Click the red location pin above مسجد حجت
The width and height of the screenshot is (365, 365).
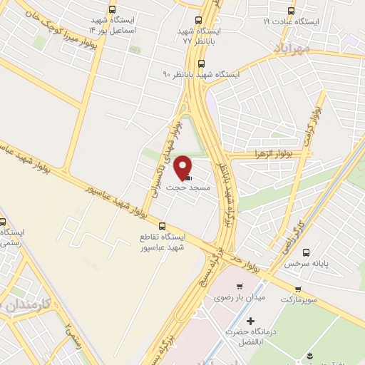tap(183, 166)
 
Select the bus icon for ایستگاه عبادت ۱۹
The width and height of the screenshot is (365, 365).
tap(290, 10)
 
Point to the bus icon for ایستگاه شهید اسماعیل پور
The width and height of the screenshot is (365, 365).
tap(112, 10)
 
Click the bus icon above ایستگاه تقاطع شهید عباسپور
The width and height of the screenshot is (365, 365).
tap(162, 225)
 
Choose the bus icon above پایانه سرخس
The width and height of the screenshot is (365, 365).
tap(307, 252)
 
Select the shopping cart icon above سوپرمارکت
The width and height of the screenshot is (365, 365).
tap(299, 289)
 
